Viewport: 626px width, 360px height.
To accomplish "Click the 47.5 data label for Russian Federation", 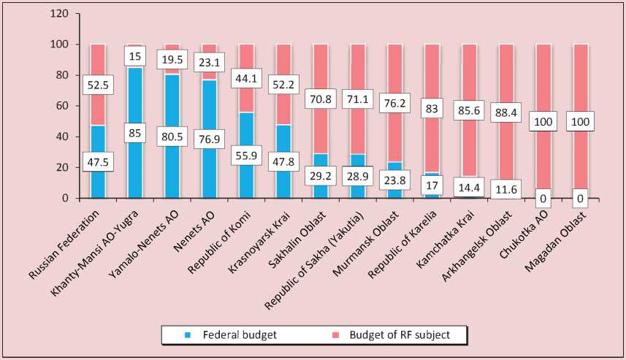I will pos(97,163).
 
